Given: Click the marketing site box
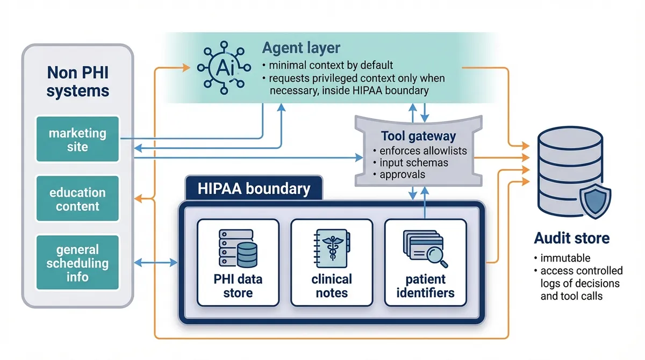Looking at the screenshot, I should pyautogui.click(x=77, y=139).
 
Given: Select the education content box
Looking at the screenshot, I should pyautogui.click(x=77, y=199).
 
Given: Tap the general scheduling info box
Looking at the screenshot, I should pyautogui.click(x=77, y=263).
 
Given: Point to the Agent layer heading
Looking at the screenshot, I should pyautogui.click(x=301, y=48).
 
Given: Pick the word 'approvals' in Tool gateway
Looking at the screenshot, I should pyautogui.click(x=402, y=174).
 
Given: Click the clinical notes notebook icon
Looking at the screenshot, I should pyautogui.click(x=331, y=248).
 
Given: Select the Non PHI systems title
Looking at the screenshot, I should pyautogui.click(x=77, y=81).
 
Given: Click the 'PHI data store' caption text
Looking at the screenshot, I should pyautogui.click(x=238, y=286).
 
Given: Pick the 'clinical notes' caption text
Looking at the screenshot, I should pyautogui.click(x=331, y=286).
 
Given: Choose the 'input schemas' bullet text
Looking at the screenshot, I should pyautogui.click(x=414, y=162).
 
